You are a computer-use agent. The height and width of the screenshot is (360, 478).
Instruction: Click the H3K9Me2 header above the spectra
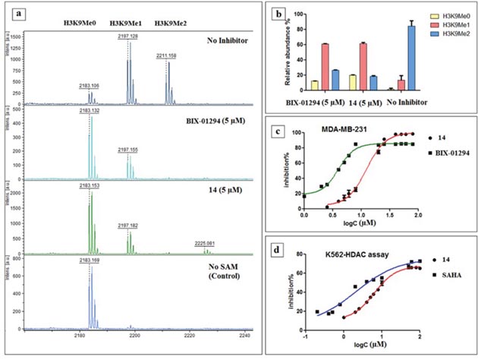171,23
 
